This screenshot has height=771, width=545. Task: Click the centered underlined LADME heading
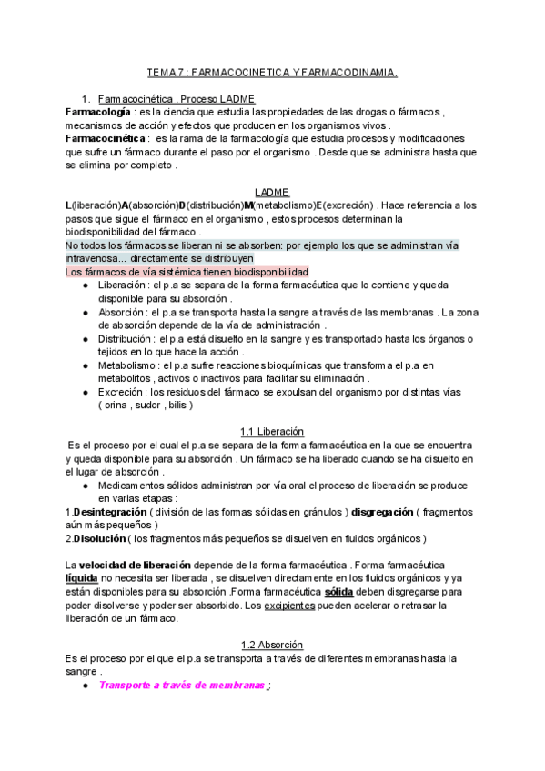272,193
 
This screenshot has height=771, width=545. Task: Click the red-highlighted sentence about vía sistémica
187,272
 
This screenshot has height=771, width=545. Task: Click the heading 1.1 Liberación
272,431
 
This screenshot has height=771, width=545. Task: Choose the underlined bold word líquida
82,578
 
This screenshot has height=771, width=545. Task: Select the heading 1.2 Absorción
272,645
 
